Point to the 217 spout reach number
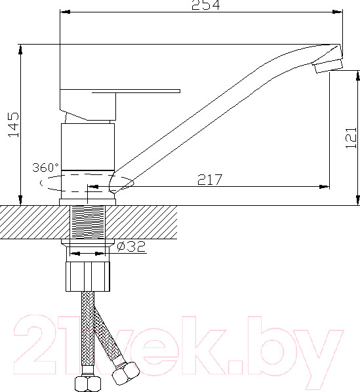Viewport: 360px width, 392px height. [209, 179]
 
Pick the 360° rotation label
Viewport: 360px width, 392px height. [45, 167]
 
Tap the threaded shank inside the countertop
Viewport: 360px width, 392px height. [88, 223]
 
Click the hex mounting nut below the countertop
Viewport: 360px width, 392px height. [88, 275]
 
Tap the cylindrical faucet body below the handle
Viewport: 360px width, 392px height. [88, 146]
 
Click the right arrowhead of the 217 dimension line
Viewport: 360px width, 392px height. [325, 186]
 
